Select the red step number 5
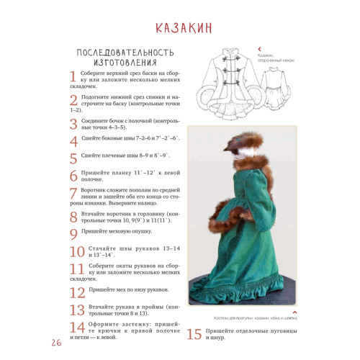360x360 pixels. coord(73,159)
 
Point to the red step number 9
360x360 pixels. coord(73,234)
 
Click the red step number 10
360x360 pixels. coord(77,252)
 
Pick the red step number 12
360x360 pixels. coord(77,292)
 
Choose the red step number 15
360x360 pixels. coord(194,334)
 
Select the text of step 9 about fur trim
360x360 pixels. coord(115,233)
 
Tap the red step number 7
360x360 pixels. coord(73,193)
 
